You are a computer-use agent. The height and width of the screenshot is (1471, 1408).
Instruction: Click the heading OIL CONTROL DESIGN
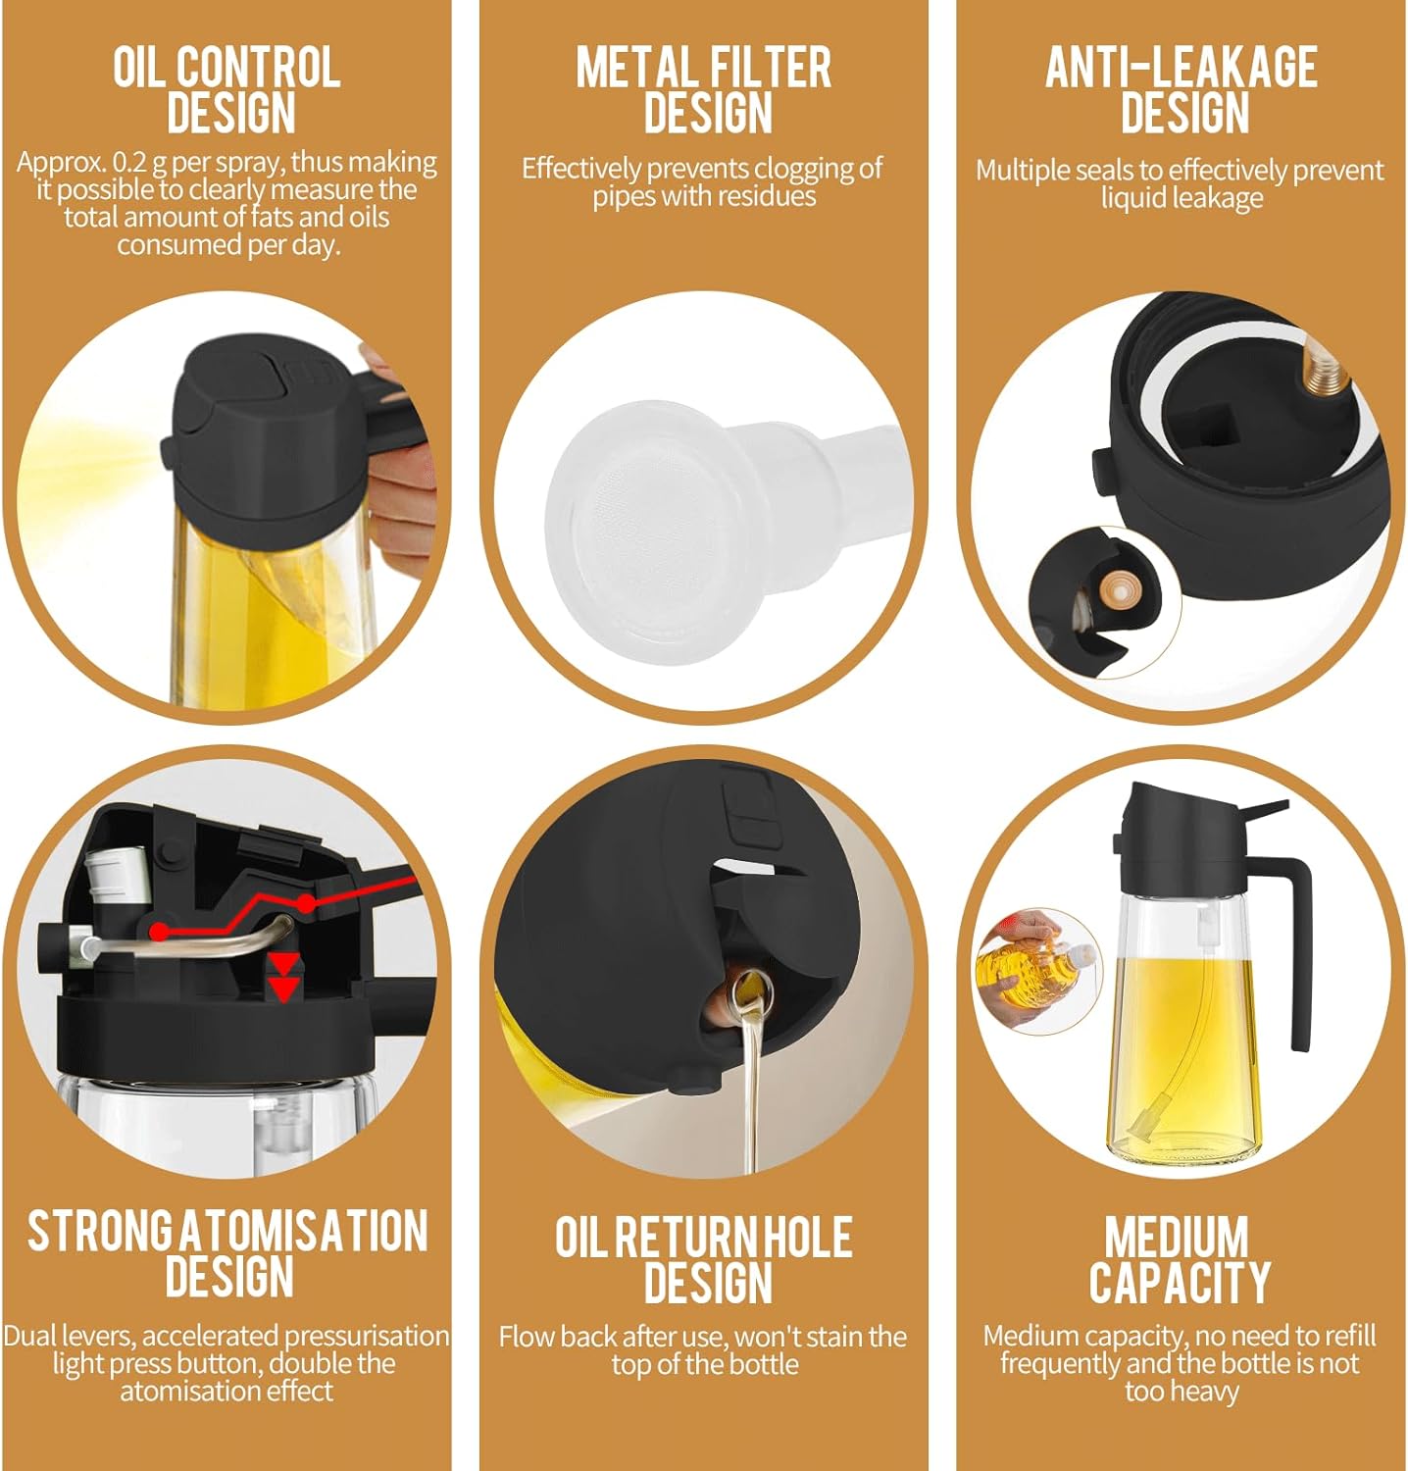(226, 89)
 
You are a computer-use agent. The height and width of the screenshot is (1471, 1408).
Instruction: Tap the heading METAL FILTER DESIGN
(704, 89)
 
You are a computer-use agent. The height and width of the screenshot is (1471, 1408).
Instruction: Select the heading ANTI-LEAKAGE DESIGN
(1182, 89)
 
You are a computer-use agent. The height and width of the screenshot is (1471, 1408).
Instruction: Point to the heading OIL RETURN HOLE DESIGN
(704, 1260)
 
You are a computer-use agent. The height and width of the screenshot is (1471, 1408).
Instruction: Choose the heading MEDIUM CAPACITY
(1180, 1260)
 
